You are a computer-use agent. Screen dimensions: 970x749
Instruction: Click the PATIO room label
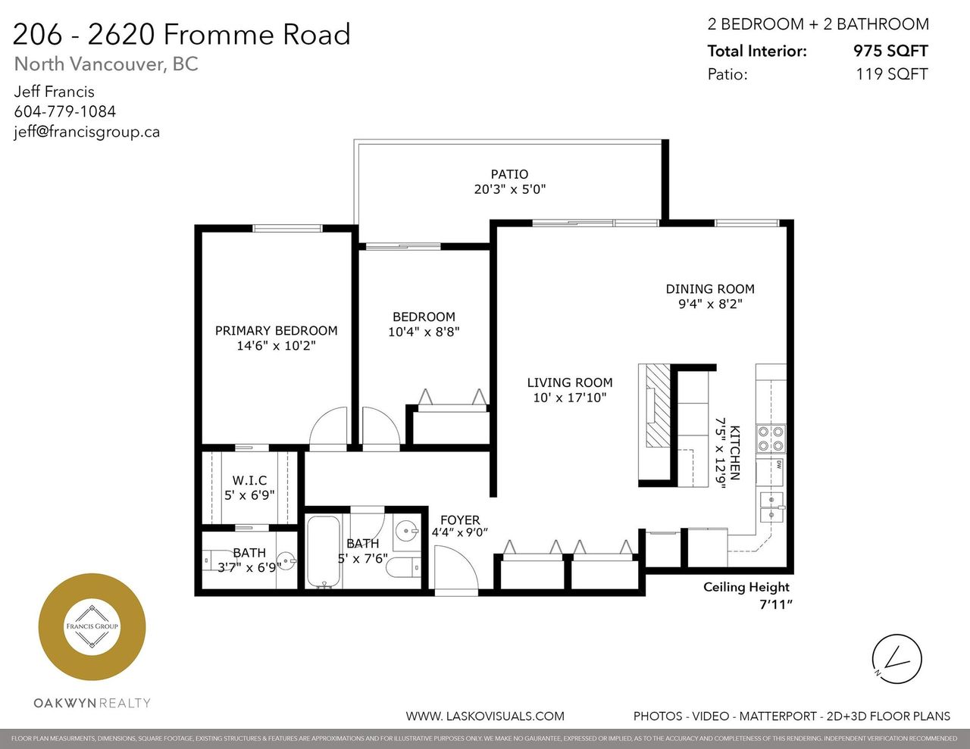(x=509, y=174)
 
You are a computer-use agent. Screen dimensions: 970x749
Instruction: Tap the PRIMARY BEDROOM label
(x=277, y=330)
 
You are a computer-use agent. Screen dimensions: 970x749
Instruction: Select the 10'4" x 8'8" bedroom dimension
(x=424, y=332)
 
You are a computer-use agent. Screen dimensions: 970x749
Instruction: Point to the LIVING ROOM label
(x=570, y=382)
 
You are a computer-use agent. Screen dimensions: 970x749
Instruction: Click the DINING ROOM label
(x=710, y=289)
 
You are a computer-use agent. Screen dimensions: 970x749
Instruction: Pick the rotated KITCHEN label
(x=735, y=452)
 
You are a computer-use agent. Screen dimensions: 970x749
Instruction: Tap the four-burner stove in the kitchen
(x=771, y=438)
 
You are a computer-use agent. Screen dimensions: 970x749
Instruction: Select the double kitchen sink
(x=772, y=507)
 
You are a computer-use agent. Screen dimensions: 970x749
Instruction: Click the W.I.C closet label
(x=249, y=480)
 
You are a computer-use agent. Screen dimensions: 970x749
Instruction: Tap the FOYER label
(x=460, y=520)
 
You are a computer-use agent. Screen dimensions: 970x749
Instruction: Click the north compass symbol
(x=896, y=659)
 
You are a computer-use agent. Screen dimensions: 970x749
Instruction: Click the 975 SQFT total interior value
(x=890, y=51)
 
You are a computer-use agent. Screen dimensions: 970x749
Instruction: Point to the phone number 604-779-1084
(x=65, y=111)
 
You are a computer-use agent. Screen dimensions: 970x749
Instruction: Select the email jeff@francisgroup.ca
(x=87, y=132)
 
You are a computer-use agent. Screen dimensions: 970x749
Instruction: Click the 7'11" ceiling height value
(x=776, y=605)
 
